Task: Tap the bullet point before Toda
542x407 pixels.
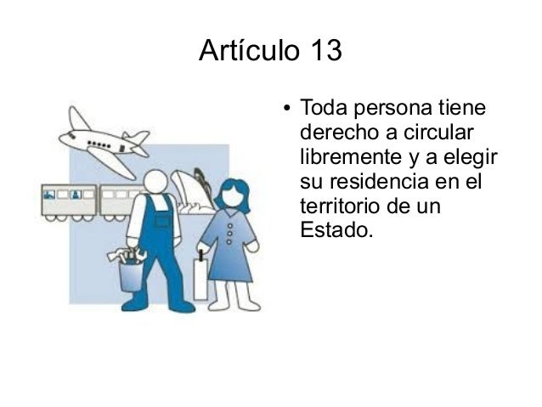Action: [x=287, y=110]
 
